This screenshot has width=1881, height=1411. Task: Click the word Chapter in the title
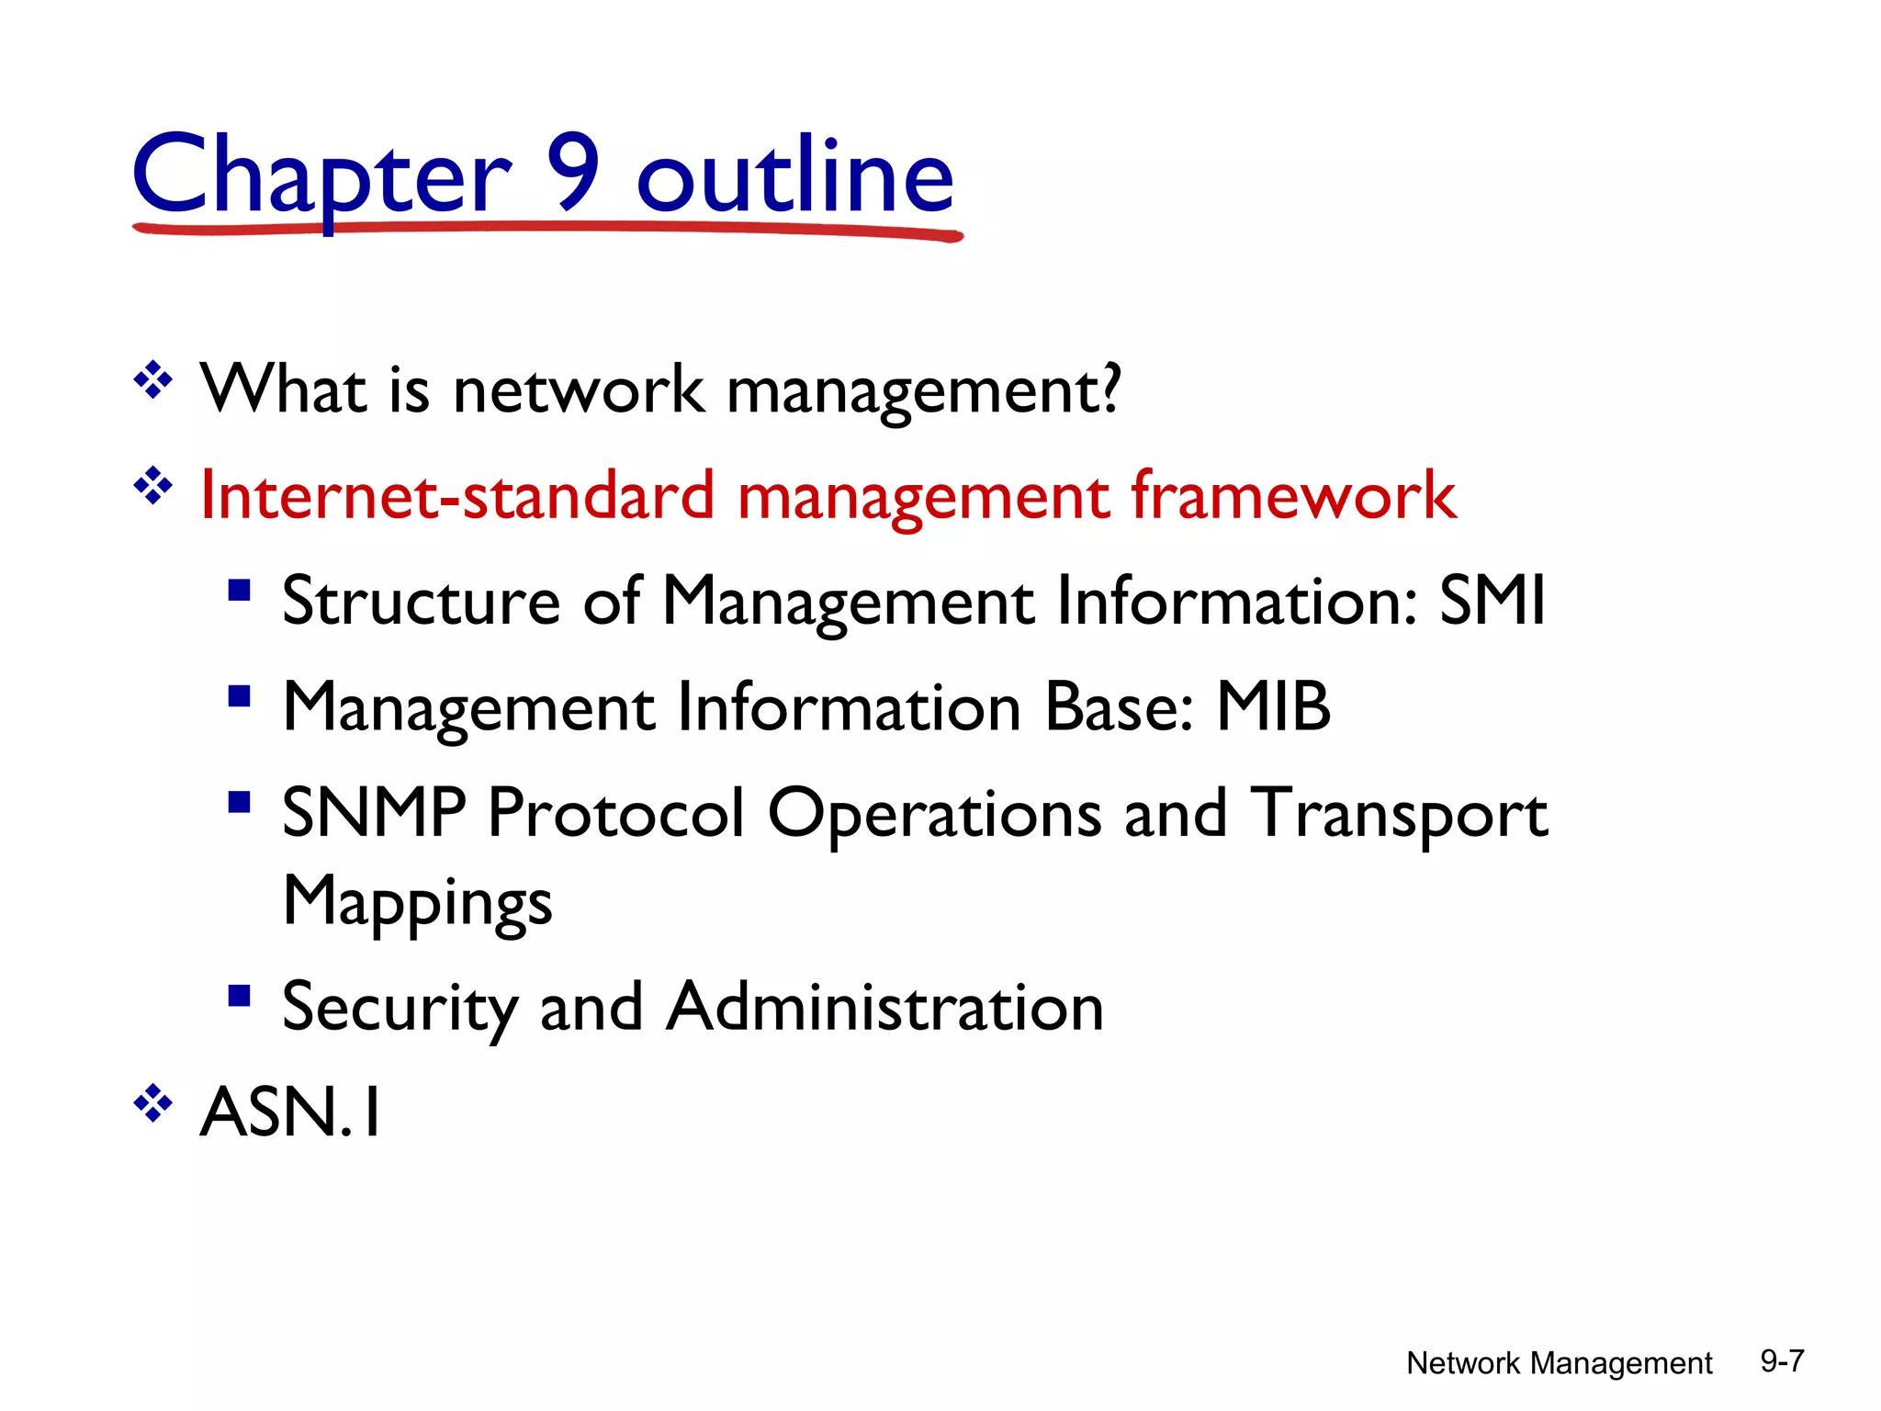[x=321, y=176]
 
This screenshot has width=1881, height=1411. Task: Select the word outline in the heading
[x=795, y=176]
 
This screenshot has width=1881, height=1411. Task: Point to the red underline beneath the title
[x=547, y=229]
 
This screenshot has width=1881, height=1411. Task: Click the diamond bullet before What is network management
[x=153, y=380]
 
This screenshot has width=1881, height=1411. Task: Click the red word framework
[x=1292, y=496]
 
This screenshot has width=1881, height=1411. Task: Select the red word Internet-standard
[x=456, y=496]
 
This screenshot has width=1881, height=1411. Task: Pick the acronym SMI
[x=1492, y=601]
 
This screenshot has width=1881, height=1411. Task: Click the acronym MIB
[x=1273, y=707]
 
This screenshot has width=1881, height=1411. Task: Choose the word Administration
[x=884, y=1007]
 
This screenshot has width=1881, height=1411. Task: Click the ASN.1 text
[x=290, y=1112]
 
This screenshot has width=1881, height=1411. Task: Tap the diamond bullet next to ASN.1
[x=153, y=1103]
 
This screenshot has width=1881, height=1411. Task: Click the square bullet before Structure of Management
[x=240, y=589]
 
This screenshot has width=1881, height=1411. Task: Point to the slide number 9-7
[x=1782, y=1360]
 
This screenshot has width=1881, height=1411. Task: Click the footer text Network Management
[x=1559, y=1363]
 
